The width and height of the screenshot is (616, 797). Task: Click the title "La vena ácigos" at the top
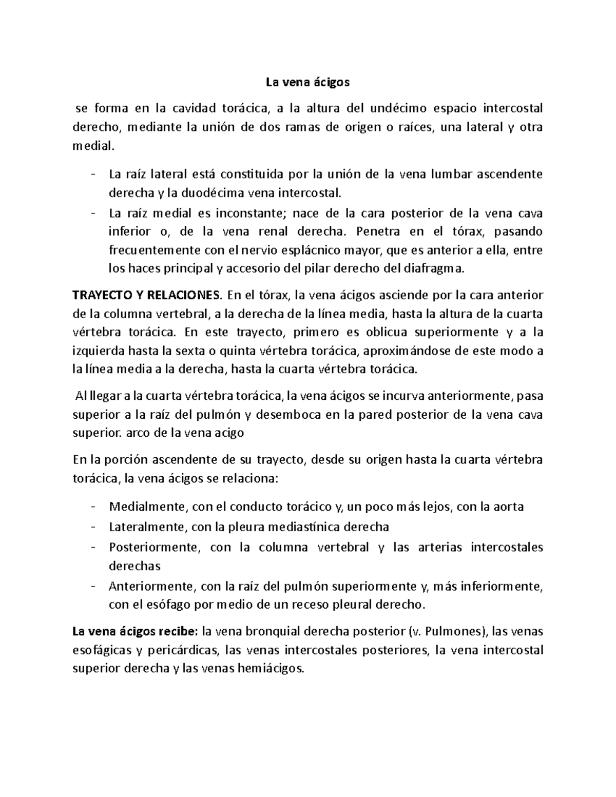(x=307, y=82)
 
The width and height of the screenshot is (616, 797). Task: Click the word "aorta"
(x=507, y=507)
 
